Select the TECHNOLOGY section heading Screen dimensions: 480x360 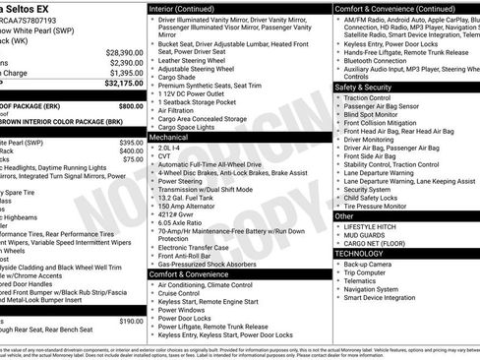[x=359, y=253]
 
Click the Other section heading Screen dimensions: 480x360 [x=344, y=215]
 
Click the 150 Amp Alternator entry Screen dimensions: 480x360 [x=186, y=207]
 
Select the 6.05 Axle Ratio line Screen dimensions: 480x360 [x=181, y=223]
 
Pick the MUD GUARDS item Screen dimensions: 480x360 [x=365, y=234]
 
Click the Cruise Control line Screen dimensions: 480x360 [x=182, y=293]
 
